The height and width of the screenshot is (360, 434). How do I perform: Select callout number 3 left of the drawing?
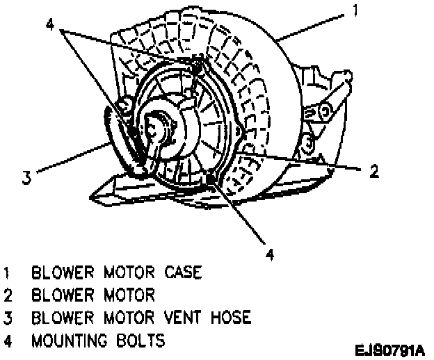pyautogui.click(x=26, y=177)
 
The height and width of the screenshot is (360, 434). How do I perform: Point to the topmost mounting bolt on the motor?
pyautogui.click(x=199, y=67)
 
